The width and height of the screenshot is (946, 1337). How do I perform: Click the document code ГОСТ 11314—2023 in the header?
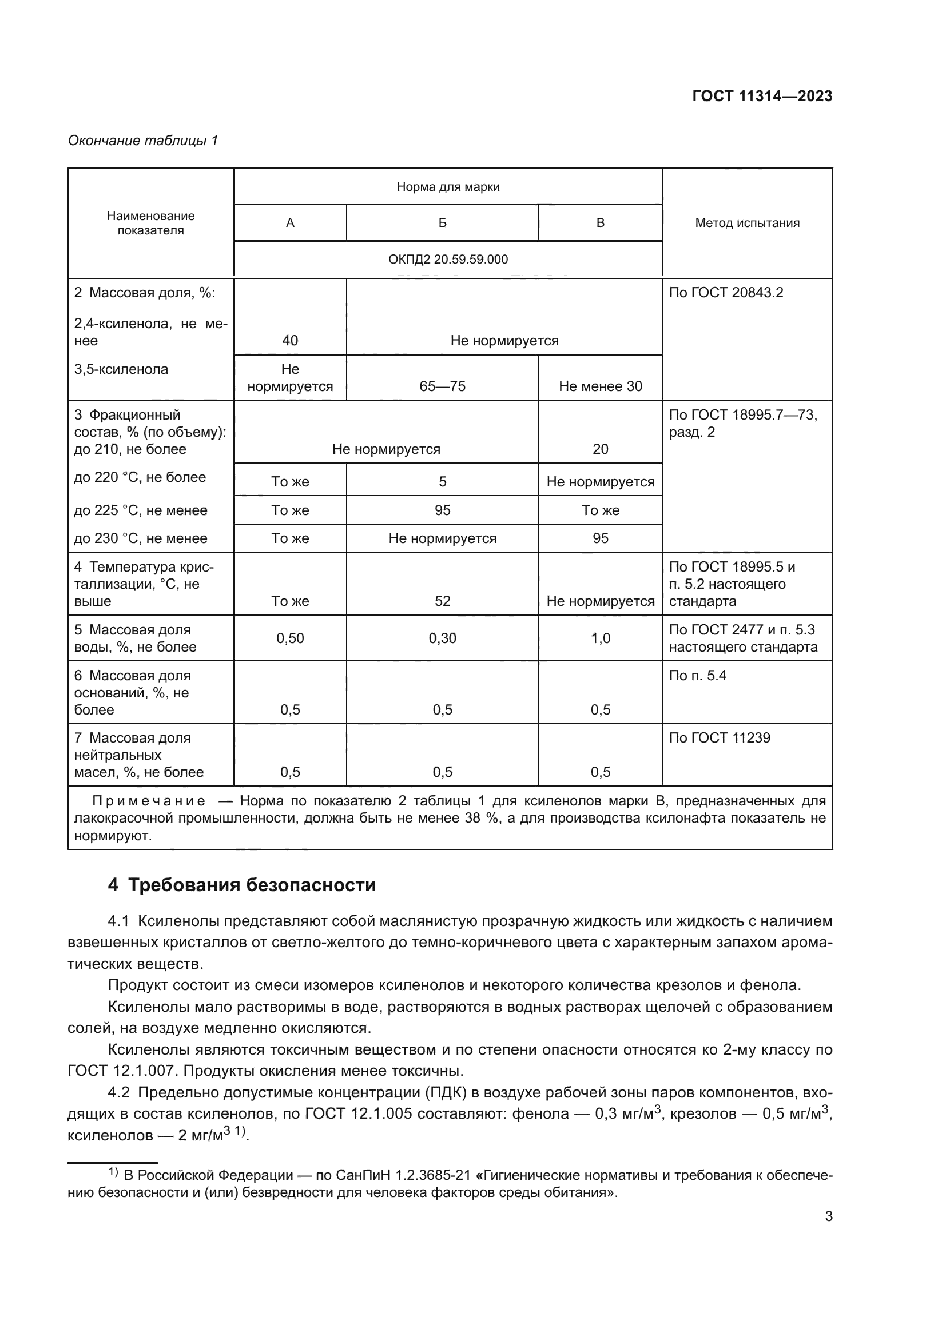click(x=762, y=97)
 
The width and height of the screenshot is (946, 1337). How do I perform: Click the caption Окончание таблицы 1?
click(x=143, y=141)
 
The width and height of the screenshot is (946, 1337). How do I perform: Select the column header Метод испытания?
click(x=747, y=222)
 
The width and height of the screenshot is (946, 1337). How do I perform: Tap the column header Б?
click(x=442, y=222)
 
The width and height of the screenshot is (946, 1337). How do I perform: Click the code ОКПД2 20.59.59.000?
click(x=448, y=259)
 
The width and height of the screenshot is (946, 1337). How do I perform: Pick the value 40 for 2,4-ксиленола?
click(x=289, y=340)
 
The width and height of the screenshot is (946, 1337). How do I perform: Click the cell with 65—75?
click(x=442, y=386)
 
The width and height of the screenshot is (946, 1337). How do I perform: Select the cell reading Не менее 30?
click(x=600, y=386)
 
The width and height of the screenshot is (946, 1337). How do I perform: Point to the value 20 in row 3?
click(x=600, y=449)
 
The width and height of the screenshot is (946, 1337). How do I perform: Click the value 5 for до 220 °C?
click(x=442, y=481)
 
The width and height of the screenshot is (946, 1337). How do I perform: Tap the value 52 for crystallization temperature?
click(x=442, y=601)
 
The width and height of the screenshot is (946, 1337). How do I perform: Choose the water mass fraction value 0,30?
click(x=442, y=638)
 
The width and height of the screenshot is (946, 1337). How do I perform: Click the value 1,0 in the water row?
click(x=600, y=638)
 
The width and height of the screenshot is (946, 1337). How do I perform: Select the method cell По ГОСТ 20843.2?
click(x=726, y=292)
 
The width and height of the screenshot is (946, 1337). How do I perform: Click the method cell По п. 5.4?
click(x=697, y=676)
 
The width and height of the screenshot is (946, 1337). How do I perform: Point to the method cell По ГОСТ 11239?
click(x=720, y=738)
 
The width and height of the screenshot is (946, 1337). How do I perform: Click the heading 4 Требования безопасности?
click(x=242, y=885)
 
